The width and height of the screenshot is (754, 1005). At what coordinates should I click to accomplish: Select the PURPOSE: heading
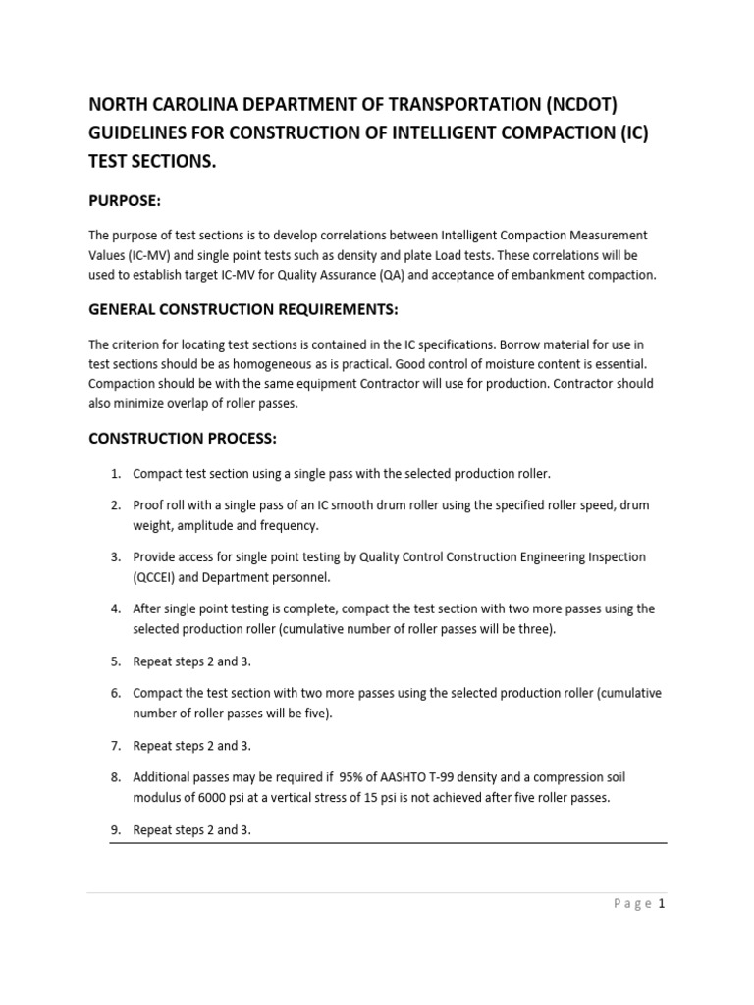coord(124,200)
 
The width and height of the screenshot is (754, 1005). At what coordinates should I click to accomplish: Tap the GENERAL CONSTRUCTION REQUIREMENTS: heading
coord(243,309)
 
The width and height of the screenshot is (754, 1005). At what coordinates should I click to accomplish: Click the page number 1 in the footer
coord(663,905)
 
